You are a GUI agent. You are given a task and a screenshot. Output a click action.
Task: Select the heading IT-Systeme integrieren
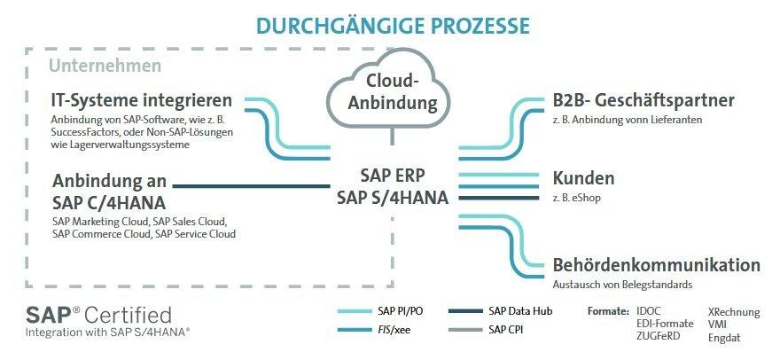click(x=141, y=100)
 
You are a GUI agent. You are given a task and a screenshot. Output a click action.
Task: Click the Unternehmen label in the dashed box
click(x=105, y=66)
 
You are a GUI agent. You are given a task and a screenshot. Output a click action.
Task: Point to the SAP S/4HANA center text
click(x=392, y=196)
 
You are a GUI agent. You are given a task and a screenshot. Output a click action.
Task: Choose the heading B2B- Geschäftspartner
click(x=643, y=100)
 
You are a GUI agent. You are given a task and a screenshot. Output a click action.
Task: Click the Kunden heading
click(x=583, y=177)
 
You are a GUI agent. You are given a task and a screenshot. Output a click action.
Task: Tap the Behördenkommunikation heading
click(x=656, y=265)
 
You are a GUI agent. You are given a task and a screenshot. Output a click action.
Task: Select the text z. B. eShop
click(x=576, y=198)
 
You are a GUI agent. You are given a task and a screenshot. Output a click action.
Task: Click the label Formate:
click(x=608, y=311)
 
